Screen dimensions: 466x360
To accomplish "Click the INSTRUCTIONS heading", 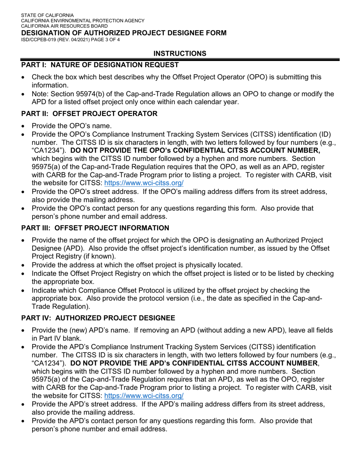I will pos(180,53).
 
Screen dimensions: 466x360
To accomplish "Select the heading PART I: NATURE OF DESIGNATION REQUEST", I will pos(100,65).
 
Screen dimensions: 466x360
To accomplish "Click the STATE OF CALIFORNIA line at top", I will pos(47,15).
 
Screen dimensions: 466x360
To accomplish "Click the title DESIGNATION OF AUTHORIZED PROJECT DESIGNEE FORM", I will pos(124,33).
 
